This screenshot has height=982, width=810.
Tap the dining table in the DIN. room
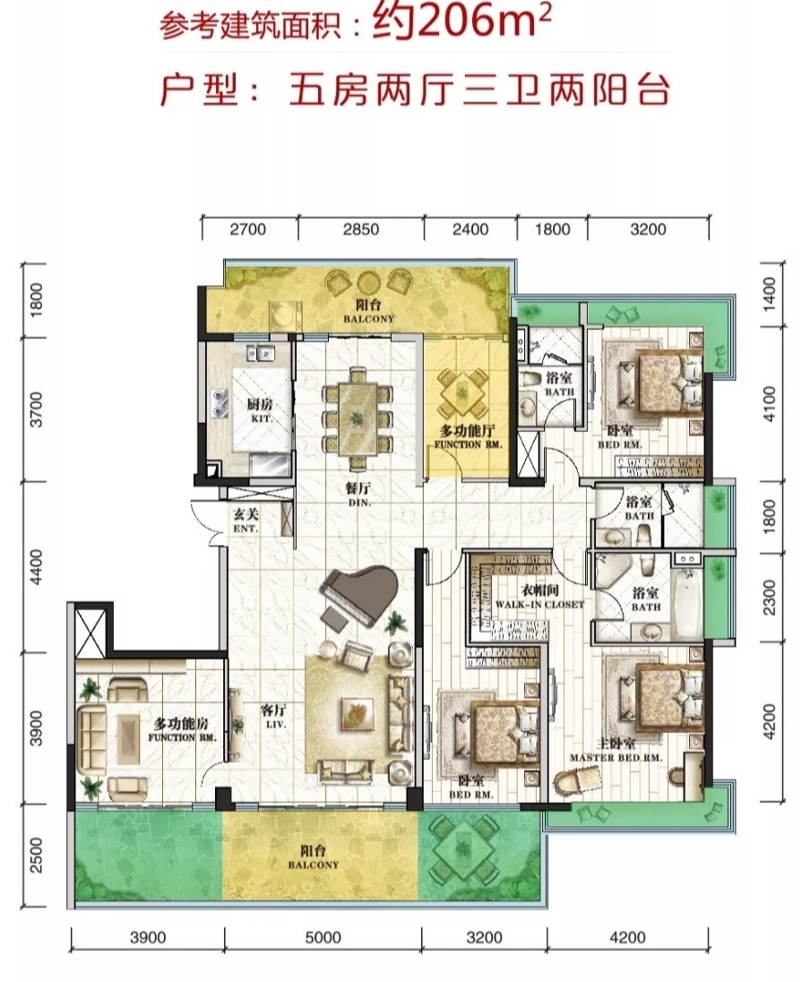357,417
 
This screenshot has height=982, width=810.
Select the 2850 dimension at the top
361,229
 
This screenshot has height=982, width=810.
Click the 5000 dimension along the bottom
323,937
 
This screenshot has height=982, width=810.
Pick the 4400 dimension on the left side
37,567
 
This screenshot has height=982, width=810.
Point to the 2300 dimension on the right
770,597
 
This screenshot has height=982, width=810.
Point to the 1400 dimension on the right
770,295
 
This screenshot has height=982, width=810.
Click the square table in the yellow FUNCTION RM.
462,393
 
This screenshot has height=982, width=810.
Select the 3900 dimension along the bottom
148,937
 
